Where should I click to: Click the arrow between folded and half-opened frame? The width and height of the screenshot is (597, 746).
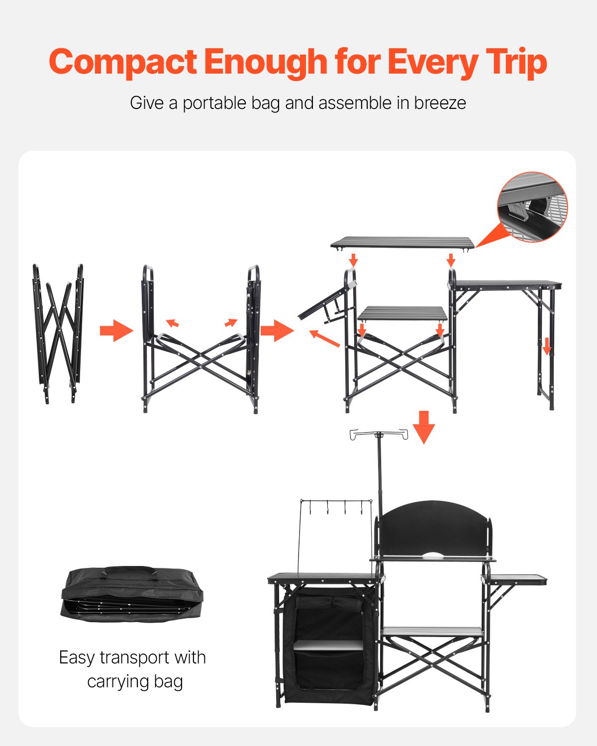pyautogui.click(x=116, y=330)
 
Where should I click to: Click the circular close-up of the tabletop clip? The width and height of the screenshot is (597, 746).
pyautogui.click(x=532, y=207)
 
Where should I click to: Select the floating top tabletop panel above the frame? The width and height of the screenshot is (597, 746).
pyautogui.click(x=402, y=243)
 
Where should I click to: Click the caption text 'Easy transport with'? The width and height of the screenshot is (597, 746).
pyautogui.click(x=132, y=657)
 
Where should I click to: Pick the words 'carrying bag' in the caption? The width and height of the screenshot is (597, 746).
pyautogui.click(x=135, y=681)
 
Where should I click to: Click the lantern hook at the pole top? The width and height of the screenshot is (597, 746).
pyautogui.click(x=379, y=435)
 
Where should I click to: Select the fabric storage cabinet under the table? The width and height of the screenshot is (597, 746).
pyautogui.click(x=329, y=647)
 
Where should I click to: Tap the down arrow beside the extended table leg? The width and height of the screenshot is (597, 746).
pyautogui.click(x=547, y=346)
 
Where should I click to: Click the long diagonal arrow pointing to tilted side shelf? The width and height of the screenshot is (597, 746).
pyautogui.click(x=324, y=338)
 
